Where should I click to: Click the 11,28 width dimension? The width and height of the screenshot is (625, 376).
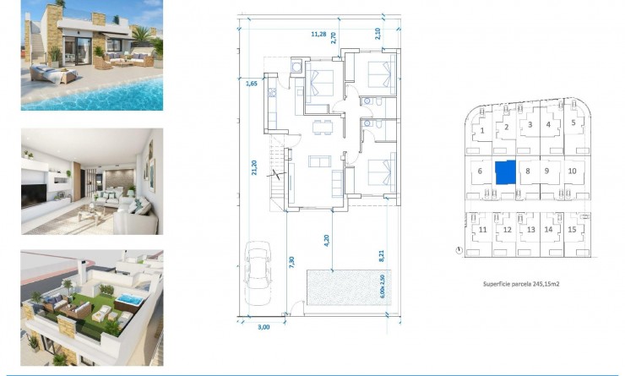click(318, 35)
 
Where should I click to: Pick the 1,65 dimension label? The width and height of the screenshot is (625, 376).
click(251, 84)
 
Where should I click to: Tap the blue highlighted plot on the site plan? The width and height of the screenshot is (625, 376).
click(504, 172)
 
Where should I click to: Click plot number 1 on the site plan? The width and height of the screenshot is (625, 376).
click(481, 130)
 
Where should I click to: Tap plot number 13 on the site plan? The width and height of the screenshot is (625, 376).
click(530, 230)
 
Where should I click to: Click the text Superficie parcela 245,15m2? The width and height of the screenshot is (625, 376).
click(521, 285)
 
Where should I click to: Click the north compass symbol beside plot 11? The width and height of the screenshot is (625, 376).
click(458, 250)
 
